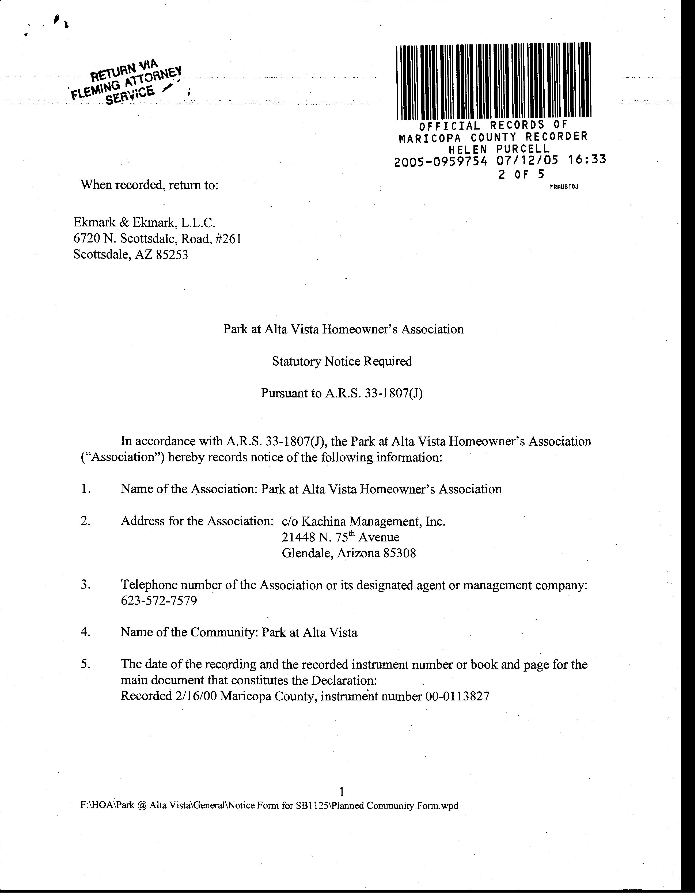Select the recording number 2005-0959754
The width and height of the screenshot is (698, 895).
coord(441,162)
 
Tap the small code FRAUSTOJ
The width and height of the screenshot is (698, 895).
coord(564,187)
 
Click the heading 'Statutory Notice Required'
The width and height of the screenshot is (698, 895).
coord(342,361)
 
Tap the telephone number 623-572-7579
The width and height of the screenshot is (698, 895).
coord(159,601)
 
